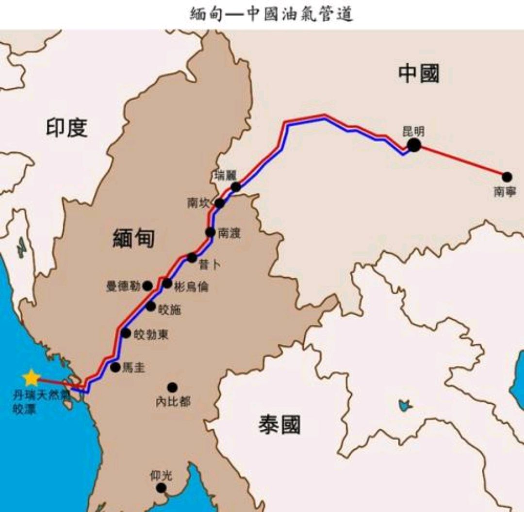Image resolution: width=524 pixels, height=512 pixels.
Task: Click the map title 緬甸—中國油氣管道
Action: click(x=271, y=14)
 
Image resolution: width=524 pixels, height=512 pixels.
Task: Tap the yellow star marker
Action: click(x=31, y=377)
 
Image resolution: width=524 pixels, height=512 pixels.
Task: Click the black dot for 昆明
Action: click(x=414, y=145)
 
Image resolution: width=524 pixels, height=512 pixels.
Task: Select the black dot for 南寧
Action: click(x=507, y=177)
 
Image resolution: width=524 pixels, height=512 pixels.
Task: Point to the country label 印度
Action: click(x=67, y=128)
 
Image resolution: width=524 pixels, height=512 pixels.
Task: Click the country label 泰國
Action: click(x=279, y=425)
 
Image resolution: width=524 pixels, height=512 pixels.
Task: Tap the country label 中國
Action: click(x=419, y=74)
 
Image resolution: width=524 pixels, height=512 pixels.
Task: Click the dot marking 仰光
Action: click(x=162, y=488)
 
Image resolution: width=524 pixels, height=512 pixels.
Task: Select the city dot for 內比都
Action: click(x=172, y=387)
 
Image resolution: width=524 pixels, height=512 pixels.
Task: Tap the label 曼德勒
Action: click(x=124, y=286)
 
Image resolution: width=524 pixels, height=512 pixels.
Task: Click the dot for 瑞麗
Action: click(x=236, y=187)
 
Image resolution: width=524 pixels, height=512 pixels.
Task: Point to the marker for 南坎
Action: click(x=220, y=203)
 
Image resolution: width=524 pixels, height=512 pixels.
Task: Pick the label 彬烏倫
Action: click(x=191, y=287)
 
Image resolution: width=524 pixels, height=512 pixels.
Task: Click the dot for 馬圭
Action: click(x=115, y=367)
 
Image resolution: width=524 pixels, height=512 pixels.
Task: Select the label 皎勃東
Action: click(x=151, y=334)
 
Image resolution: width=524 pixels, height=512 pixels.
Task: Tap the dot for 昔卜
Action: click(x=192, y=257)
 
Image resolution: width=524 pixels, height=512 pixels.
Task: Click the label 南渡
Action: click(x=229, y=233)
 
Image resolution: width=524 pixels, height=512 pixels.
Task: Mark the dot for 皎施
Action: click(x=151, y=307)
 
